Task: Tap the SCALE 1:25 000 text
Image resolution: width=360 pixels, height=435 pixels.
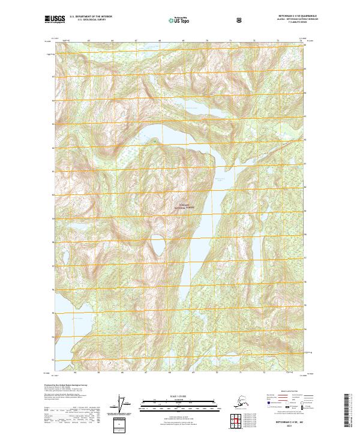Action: pos(179,396)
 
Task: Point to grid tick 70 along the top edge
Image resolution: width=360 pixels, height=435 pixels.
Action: pos(207,41)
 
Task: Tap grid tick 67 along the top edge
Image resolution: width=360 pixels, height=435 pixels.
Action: pos(136,41)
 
